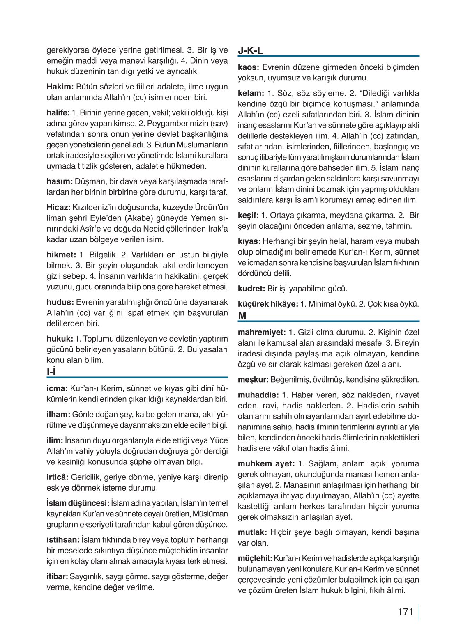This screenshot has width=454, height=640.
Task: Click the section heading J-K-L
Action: coord(250,51)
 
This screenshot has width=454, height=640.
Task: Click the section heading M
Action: coord(242,316)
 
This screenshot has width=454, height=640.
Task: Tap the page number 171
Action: coord(405,612)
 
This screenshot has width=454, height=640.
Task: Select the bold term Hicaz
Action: coord(58,207)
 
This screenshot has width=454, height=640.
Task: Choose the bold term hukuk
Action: coord(60,339)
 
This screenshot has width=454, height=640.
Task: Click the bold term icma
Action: coord(57,388)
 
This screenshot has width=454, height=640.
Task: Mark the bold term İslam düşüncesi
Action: coord(78,503)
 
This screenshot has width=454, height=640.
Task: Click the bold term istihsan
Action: coord(63,540)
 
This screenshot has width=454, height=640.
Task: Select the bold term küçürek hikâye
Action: coord(268,304)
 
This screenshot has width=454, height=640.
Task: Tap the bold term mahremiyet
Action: coord(262,332)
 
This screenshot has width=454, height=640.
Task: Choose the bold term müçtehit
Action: coord(255,558)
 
